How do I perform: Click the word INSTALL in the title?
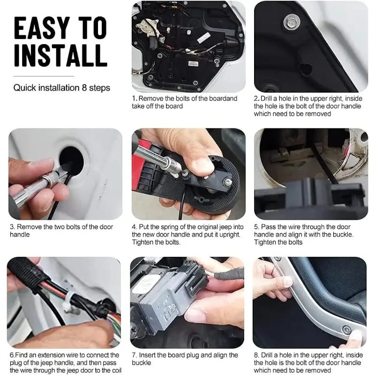point(60,55)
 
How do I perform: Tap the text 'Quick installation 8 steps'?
point(61,88)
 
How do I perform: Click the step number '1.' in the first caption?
point(135,99)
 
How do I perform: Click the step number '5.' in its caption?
point(257,227)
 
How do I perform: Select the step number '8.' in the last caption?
point(257,355)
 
